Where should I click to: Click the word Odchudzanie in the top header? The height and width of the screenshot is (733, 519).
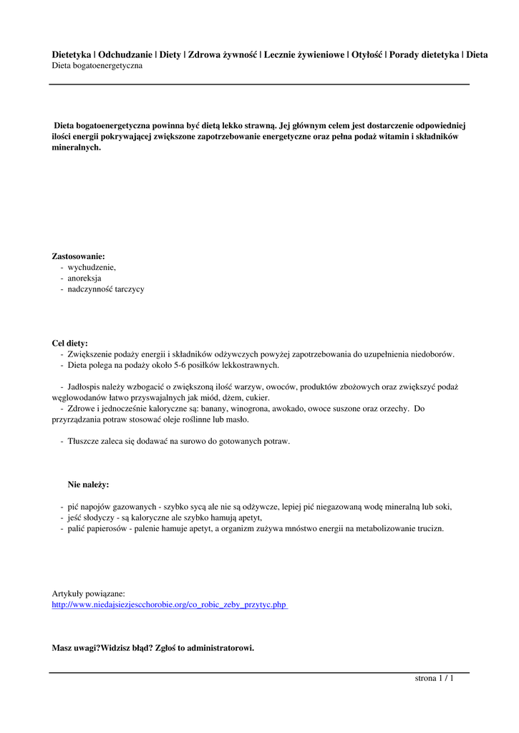pos(125,54)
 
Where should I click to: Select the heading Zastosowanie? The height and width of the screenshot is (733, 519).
pos(78,256)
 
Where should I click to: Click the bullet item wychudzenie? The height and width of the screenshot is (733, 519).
pos(92,267)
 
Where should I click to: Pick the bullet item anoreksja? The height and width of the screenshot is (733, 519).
pos(84,278)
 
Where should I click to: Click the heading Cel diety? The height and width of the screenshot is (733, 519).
pos(70,343)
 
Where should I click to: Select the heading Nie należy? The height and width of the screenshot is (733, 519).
pos(88,485)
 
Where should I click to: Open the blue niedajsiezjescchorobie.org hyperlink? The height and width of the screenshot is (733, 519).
pos(169,605)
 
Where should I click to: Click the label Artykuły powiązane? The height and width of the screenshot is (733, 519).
pos(88,593)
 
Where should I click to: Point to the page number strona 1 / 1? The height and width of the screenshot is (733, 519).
pos(435,678)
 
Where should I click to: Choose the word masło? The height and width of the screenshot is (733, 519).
pos(237,419)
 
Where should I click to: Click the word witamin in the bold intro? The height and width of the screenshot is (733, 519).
pos(392,136)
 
